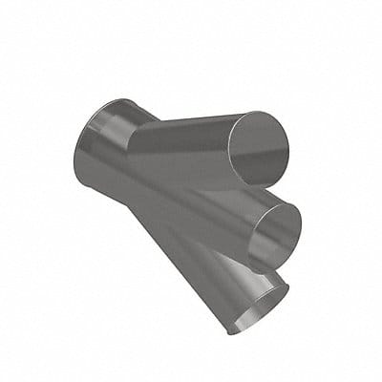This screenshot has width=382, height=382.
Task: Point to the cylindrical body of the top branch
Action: [181, 143]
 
